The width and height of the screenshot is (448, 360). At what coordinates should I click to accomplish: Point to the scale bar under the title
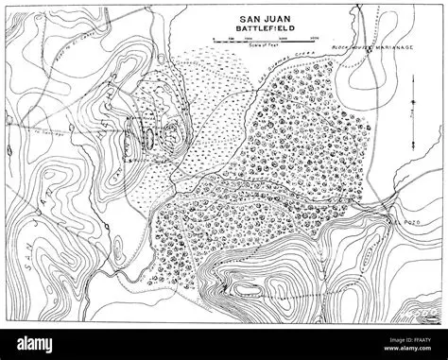tap(256, 43)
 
